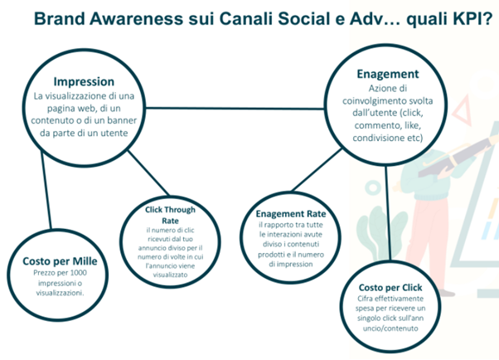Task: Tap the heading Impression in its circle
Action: pyautogui.click(x=84, y=82)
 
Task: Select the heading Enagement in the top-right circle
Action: pyautogui.click(x=388, y=74)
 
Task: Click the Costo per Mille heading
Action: pyautogui.click(x=60, y=261)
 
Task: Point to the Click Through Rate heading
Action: pyautogui.click(x=170, y=215)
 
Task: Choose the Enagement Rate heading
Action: pyautogui.click(x=291, y=213)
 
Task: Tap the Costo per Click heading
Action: pyautogui.click(x=390, y=288)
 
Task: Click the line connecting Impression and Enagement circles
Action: pyautogui.click(x=235, y=109)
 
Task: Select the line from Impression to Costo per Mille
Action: pyautogui.click(x=46, y=189)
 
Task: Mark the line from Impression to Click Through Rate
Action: pyautogui.click(x=148, y=173)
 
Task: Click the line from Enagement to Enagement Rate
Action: pyautogui.click(x=317, y=169)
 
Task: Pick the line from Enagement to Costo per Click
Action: pyautogui.click(x=388, y=213)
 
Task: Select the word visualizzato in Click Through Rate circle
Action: pyautogui.click(x=170, y=275)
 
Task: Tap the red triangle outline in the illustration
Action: pyautogui.click(x=463, y=110)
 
